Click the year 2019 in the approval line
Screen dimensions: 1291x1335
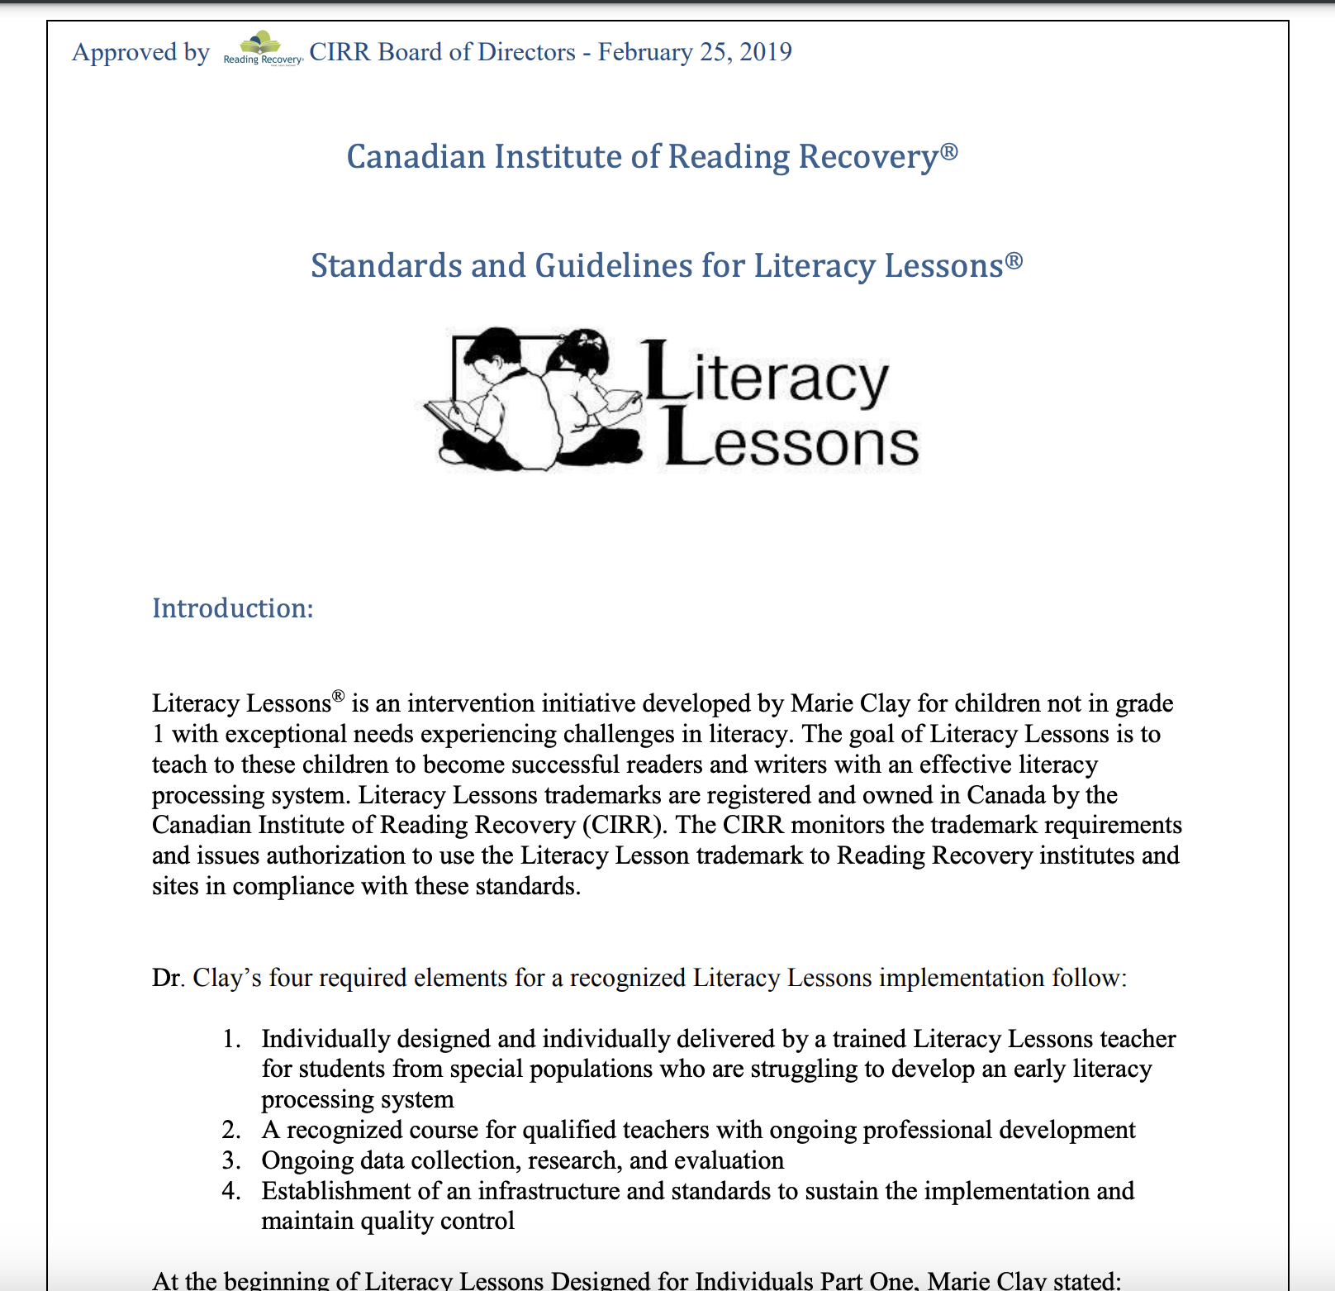click(766, 52)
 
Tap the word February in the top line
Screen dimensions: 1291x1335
click(645, 52)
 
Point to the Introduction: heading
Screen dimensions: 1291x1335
click(233, 608)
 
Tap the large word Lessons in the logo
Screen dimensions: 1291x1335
click(792, 443)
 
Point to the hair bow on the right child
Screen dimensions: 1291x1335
click(591, 340)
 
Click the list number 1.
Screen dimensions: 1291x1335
click(231, 1039)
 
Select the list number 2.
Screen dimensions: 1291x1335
click(231, 1130)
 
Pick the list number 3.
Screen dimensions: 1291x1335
click(231, 1160)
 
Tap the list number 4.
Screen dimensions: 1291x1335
click(231, 1191)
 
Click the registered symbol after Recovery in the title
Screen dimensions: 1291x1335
click(949, 151)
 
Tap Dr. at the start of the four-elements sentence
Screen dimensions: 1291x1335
click(168, 978)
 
